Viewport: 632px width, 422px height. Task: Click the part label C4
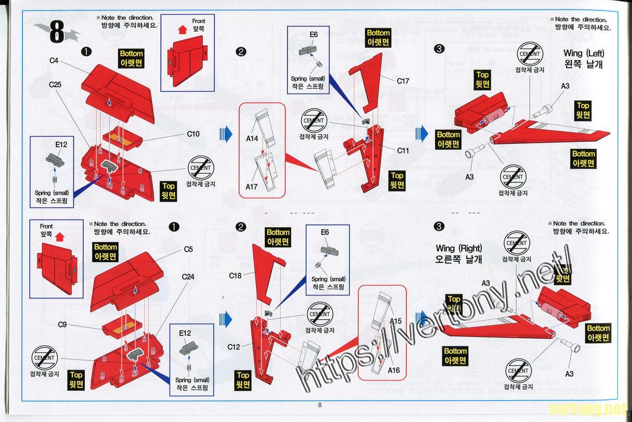tap(53, 61)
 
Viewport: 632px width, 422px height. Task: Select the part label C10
tap(193, 134)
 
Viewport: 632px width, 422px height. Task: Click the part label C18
tap(235, 275)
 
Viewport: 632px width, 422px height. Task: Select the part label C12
tap(234, 347)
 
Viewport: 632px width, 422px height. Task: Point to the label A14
tap(252, 139)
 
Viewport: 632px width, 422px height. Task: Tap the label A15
tap(396, 321)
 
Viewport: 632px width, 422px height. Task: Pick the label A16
tap(396, 369)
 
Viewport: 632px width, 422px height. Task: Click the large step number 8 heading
tap(57, 33)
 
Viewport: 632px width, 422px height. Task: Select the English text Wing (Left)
tap(584, 53)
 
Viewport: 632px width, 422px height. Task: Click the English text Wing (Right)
tap(459, 248)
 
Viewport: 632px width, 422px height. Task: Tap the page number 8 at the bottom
tap(319, 405)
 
